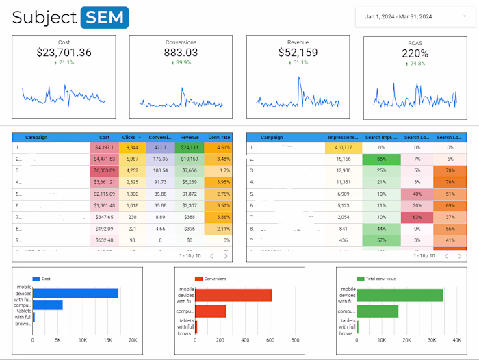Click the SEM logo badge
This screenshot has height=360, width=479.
click(x=104, y=18)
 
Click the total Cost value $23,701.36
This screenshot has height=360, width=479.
click(x=64, y=53)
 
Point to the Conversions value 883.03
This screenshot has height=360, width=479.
click(x=181, y=53)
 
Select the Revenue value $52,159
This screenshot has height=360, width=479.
click(x=298, y=53)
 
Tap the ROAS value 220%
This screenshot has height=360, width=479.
click(x=415, y=53)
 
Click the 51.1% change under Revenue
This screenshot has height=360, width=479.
click(x=298, y=63)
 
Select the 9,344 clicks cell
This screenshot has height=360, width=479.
click(x=133, y=147)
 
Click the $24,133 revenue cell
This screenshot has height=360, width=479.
click(x=190, y=147)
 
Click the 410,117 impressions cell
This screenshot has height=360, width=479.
click(x=343, y=147)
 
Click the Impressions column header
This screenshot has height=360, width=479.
click(x=343, y=137)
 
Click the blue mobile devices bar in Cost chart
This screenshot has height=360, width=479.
click(x=75, y=293)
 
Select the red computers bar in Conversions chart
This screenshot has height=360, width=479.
click(x=211, y=311)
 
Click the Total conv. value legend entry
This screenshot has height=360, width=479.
click(x=383, y=279)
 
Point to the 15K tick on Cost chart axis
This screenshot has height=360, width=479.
click(x=107, y=340)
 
